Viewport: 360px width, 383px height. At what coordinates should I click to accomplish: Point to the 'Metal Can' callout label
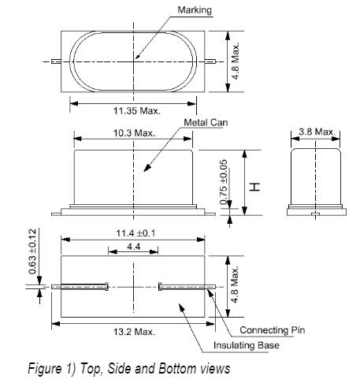tap(206, 123)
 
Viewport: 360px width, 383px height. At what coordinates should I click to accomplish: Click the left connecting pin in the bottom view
tap(79, 286)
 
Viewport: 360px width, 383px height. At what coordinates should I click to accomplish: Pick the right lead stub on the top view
tap(209, 60)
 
